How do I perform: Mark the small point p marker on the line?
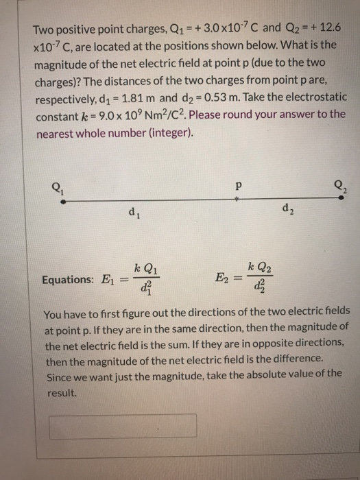pos(236,198)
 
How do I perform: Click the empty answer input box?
pos(123,426)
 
